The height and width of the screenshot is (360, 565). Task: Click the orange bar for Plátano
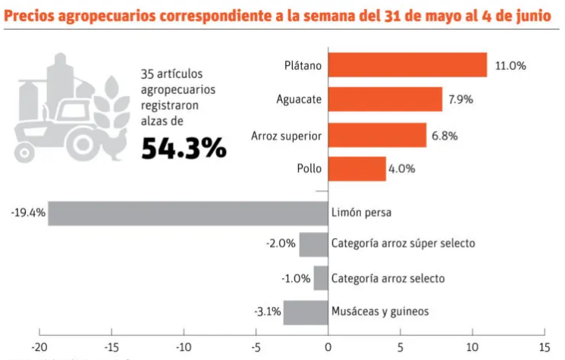[407, 65]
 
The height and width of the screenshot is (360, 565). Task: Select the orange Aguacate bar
[385, 99]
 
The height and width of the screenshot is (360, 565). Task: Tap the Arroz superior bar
[377, 135]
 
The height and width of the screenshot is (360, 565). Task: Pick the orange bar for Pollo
[356, 169]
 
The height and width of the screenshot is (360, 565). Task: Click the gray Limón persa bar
[187, 213]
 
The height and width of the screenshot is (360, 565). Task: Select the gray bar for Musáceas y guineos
[306, 311]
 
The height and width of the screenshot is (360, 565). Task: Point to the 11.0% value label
[510, 66]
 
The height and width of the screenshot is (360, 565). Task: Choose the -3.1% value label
[268, 311]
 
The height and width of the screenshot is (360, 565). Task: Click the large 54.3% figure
[184, 149]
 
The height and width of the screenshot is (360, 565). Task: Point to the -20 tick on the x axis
[39, 347]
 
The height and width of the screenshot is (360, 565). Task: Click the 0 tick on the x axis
[328, 347]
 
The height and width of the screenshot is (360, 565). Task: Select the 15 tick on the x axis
[544, 347]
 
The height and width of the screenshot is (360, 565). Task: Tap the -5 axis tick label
[256, 347]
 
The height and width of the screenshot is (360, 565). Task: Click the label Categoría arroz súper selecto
[403, 244]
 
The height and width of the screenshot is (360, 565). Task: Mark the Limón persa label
[362, 213]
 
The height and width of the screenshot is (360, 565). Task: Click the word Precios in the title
[31, 16]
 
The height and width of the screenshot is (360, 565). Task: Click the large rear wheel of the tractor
[82, 138]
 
